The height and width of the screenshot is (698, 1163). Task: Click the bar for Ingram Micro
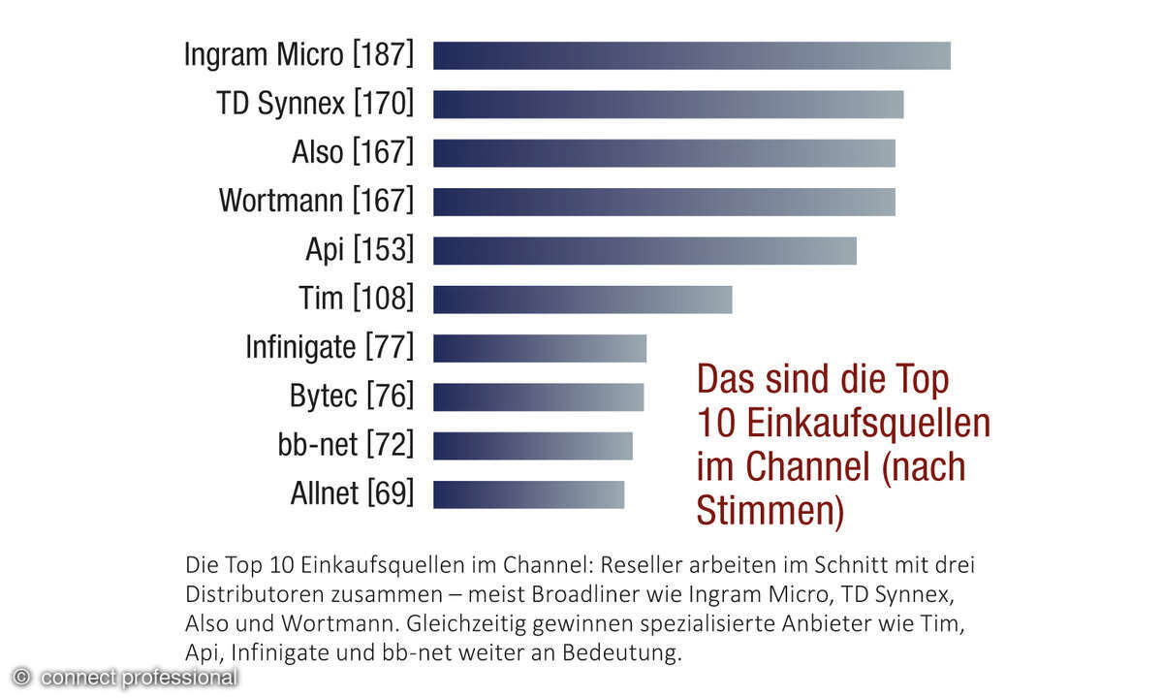(691, 55)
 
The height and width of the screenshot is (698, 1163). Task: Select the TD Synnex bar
(668, 104)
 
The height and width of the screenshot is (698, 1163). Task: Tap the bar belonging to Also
(664, 153)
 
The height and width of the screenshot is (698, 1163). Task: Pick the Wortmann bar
(664, 202)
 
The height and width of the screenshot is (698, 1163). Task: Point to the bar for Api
(644, 250)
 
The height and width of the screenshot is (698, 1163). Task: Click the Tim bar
(582, 299)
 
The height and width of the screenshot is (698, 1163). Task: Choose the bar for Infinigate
(539, 347)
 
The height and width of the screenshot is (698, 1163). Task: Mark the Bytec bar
(538, 397)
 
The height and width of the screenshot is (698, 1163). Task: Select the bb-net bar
(532, 445)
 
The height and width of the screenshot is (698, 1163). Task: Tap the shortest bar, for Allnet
(528, 494)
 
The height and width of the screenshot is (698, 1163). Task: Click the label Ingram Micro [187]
(299, 55)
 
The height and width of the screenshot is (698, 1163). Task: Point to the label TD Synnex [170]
(315, 104)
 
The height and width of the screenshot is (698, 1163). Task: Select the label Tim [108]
(356, 299)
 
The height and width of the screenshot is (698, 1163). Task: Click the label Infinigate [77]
(329, 347)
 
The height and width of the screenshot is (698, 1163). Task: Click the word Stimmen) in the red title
(770, 511)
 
